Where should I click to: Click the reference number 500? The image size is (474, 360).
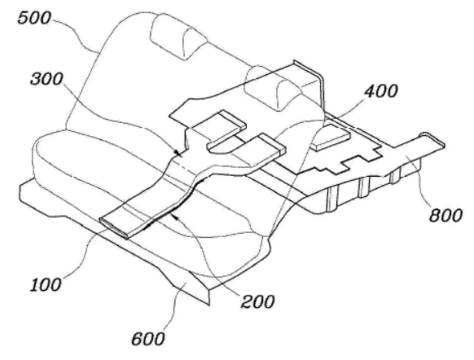[34, 18]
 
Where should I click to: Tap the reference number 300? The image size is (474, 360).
[46, 79]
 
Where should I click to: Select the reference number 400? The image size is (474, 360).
[381, 91]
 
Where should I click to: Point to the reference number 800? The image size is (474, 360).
[445, 215]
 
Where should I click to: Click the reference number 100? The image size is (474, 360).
[46, 285]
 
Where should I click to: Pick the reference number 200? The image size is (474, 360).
[257, 301]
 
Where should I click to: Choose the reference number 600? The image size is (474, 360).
[148, 339]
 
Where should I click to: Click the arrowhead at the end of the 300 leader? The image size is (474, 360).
[178, 154]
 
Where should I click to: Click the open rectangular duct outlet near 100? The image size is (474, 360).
[114, 228]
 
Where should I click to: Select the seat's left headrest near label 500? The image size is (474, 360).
[178, 37]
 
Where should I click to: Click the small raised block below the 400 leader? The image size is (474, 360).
[331, 137]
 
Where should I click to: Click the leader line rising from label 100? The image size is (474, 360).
[86, 254]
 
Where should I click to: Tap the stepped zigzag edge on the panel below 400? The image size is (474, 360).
[340, 162]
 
